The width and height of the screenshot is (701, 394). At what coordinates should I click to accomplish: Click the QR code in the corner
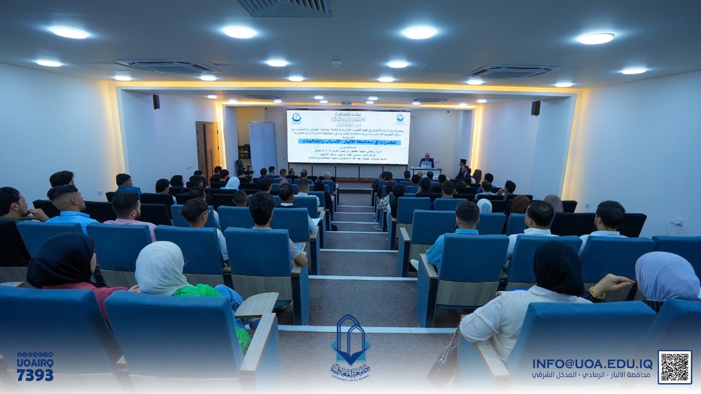[674, 367]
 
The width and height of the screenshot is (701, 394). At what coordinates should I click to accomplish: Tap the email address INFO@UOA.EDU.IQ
[592, 364]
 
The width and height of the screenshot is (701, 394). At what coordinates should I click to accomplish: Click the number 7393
[35, 375]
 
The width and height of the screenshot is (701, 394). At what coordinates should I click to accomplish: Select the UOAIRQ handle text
[35, 363]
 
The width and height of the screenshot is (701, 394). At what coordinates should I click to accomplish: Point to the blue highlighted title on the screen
[348, 141]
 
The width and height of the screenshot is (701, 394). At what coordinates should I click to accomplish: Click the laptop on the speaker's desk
[426, 164]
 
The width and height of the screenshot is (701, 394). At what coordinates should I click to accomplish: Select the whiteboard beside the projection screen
[263, 145]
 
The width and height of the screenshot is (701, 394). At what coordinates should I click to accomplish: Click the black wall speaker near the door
[156, 101]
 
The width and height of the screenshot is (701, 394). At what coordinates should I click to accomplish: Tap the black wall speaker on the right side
[535, 108]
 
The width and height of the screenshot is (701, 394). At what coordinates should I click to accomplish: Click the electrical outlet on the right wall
[679, 222]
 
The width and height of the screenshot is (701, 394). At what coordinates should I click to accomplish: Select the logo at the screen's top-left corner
[296, 118]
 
